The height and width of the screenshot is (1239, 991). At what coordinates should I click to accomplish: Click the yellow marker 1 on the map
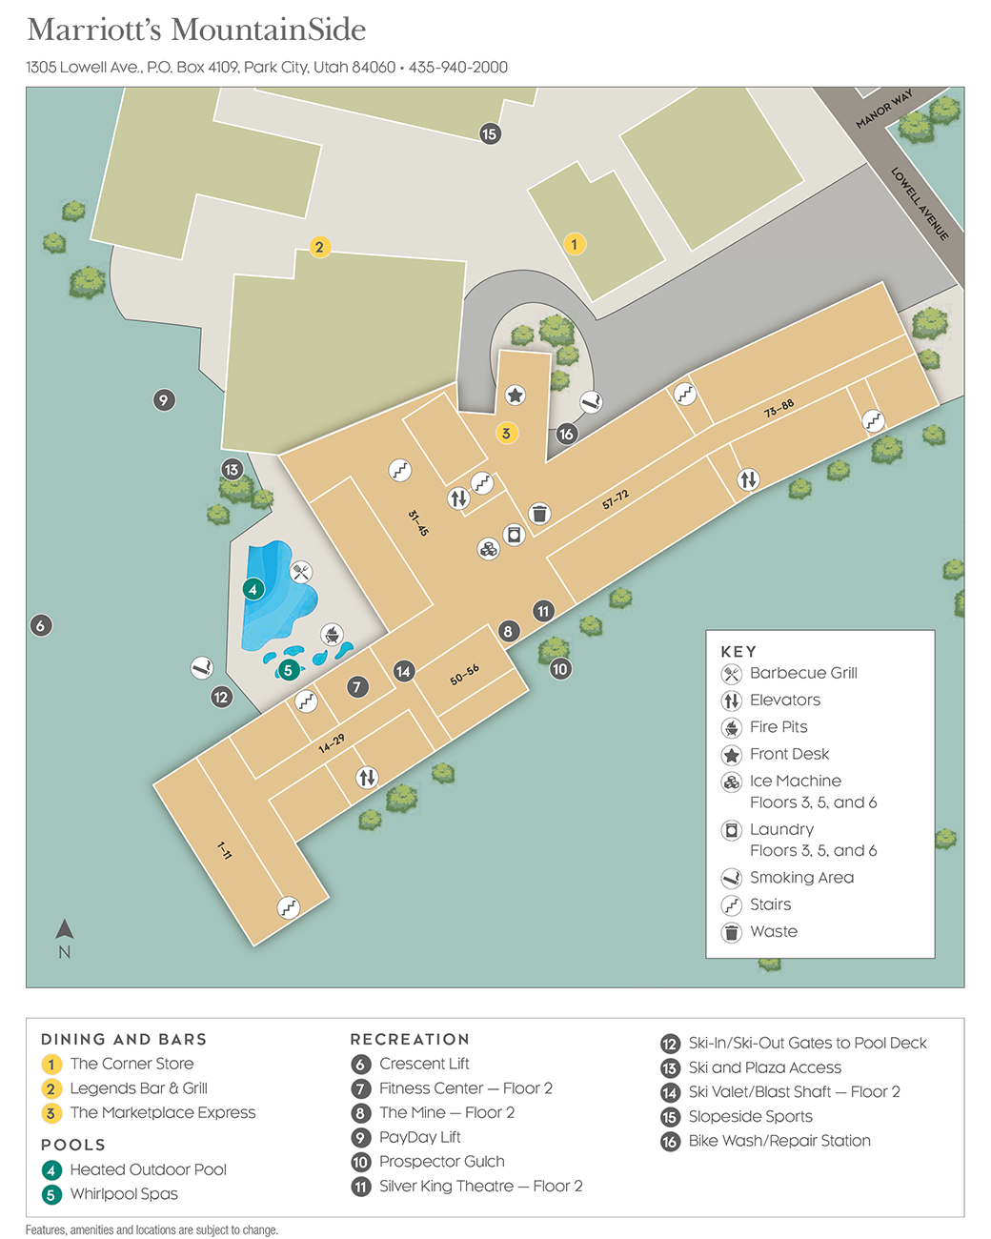574,244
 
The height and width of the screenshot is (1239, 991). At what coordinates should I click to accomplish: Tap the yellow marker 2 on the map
319,247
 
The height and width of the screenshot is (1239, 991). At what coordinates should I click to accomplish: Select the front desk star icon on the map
515,395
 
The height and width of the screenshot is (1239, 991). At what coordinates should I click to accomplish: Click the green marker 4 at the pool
253,589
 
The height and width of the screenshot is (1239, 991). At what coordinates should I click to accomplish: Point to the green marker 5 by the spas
288,670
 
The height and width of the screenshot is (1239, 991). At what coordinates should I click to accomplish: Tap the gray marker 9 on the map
164,400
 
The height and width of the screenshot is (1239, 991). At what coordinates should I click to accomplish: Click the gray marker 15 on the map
490,133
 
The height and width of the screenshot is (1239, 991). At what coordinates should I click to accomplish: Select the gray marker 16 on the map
566,434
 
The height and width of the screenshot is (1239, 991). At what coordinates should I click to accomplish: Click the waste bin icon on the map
539,514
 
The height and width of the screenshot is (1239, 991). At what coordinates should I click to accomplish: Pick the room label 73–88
779,409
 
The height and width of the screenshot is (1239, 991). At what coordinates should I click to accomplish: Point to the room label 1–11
224,850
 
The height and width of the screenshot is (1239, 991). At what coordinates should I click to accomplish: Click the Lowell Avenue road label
920,203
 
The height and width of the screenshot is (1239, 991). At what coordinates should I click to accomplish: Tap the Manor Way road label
883,109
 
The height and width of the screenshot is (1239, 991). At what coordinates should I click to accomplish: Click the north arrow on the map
65,929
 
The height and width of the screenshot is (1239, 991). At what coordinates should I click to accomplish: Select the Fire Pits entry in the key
779,726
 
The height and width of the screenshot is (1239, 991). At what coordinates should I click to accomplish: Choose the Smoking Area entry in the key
801,877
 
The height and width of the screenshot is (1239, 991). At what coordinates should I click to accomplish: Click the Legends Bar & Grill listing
138,1088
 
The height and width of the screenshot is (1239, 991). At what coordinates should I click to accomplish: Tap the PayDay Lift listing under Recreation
419,1137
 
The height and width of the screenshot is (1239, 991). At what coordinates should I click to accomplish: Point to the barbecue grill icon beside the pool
301,572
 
